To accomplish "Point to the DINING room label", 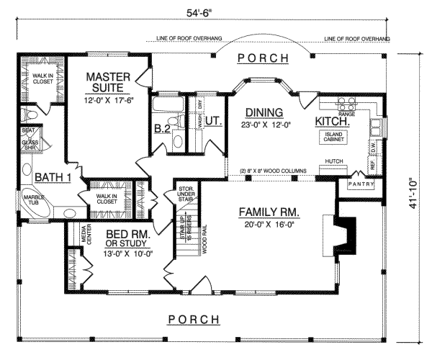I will coord(264,112).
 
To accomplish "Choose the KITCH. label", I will coord(333,122).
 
